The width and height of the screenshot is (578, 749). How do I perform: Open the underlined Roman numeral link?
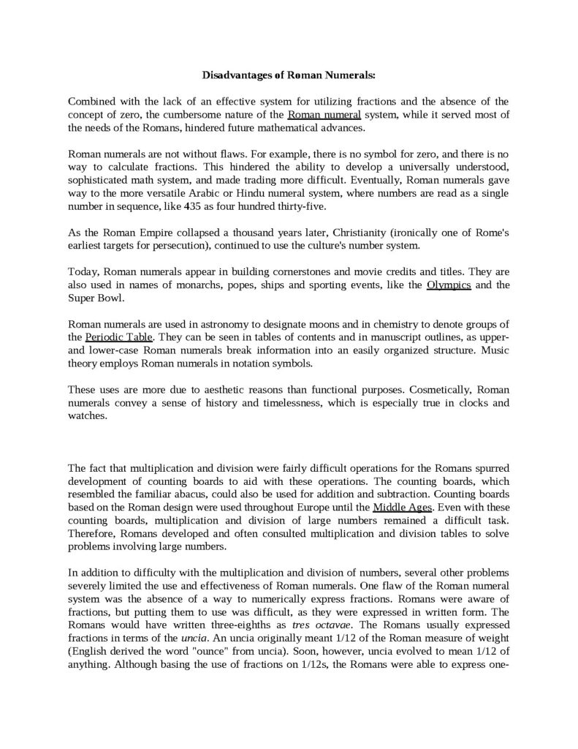[x=324, y=115]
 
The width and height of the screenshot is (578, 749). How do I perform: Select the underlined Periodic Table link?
[x=118, y=336]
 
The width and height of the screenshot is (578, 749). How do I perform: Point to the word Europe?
[x=322, y=507]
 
